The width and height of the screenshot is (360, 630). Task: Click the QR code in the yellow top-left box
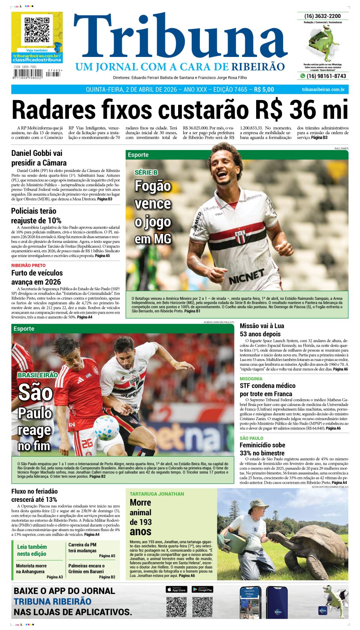coord(37,30)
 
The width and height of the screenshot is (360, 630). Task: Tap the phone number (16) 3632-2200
coord(322,16)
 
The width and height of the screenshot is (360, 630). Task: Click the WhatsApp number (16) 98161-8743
coord(326,76)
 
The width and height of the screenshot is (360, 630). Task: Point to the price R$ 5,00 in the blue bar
coord(264,90)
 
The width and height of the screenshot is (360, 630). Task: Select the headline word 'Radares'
coord(54,110)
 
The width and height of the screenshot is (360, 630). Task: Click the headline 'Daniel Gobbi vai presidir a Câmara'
coord(39,158)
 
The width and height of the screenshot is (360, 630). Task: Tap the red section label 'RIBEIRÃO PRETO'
coord(28,265)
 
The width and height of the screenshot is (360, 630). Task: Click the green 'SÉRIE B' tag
coord(146,172)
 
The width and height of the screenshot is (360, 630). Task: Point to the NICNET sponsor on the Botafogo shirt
coord(246,277)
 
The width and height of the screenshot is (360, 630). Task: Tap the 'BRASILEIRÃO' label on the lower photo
coord(37,375)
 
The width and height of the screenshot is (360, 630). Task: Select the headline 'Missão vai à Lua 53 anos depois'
coord(262,330)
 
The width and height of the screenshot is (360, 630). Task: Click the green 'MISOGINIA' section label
coord(251,379)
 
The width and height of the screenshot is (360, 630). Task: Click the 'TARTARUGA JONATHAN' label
coord(157,494)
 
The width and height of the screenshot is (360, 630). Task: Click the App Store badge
coord(176,590)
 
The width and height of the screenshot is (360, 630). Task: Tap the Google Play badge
coord(202,590)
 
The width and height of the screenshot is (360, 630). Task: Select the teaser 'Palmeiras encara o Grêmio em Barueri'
coord(87,569)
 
